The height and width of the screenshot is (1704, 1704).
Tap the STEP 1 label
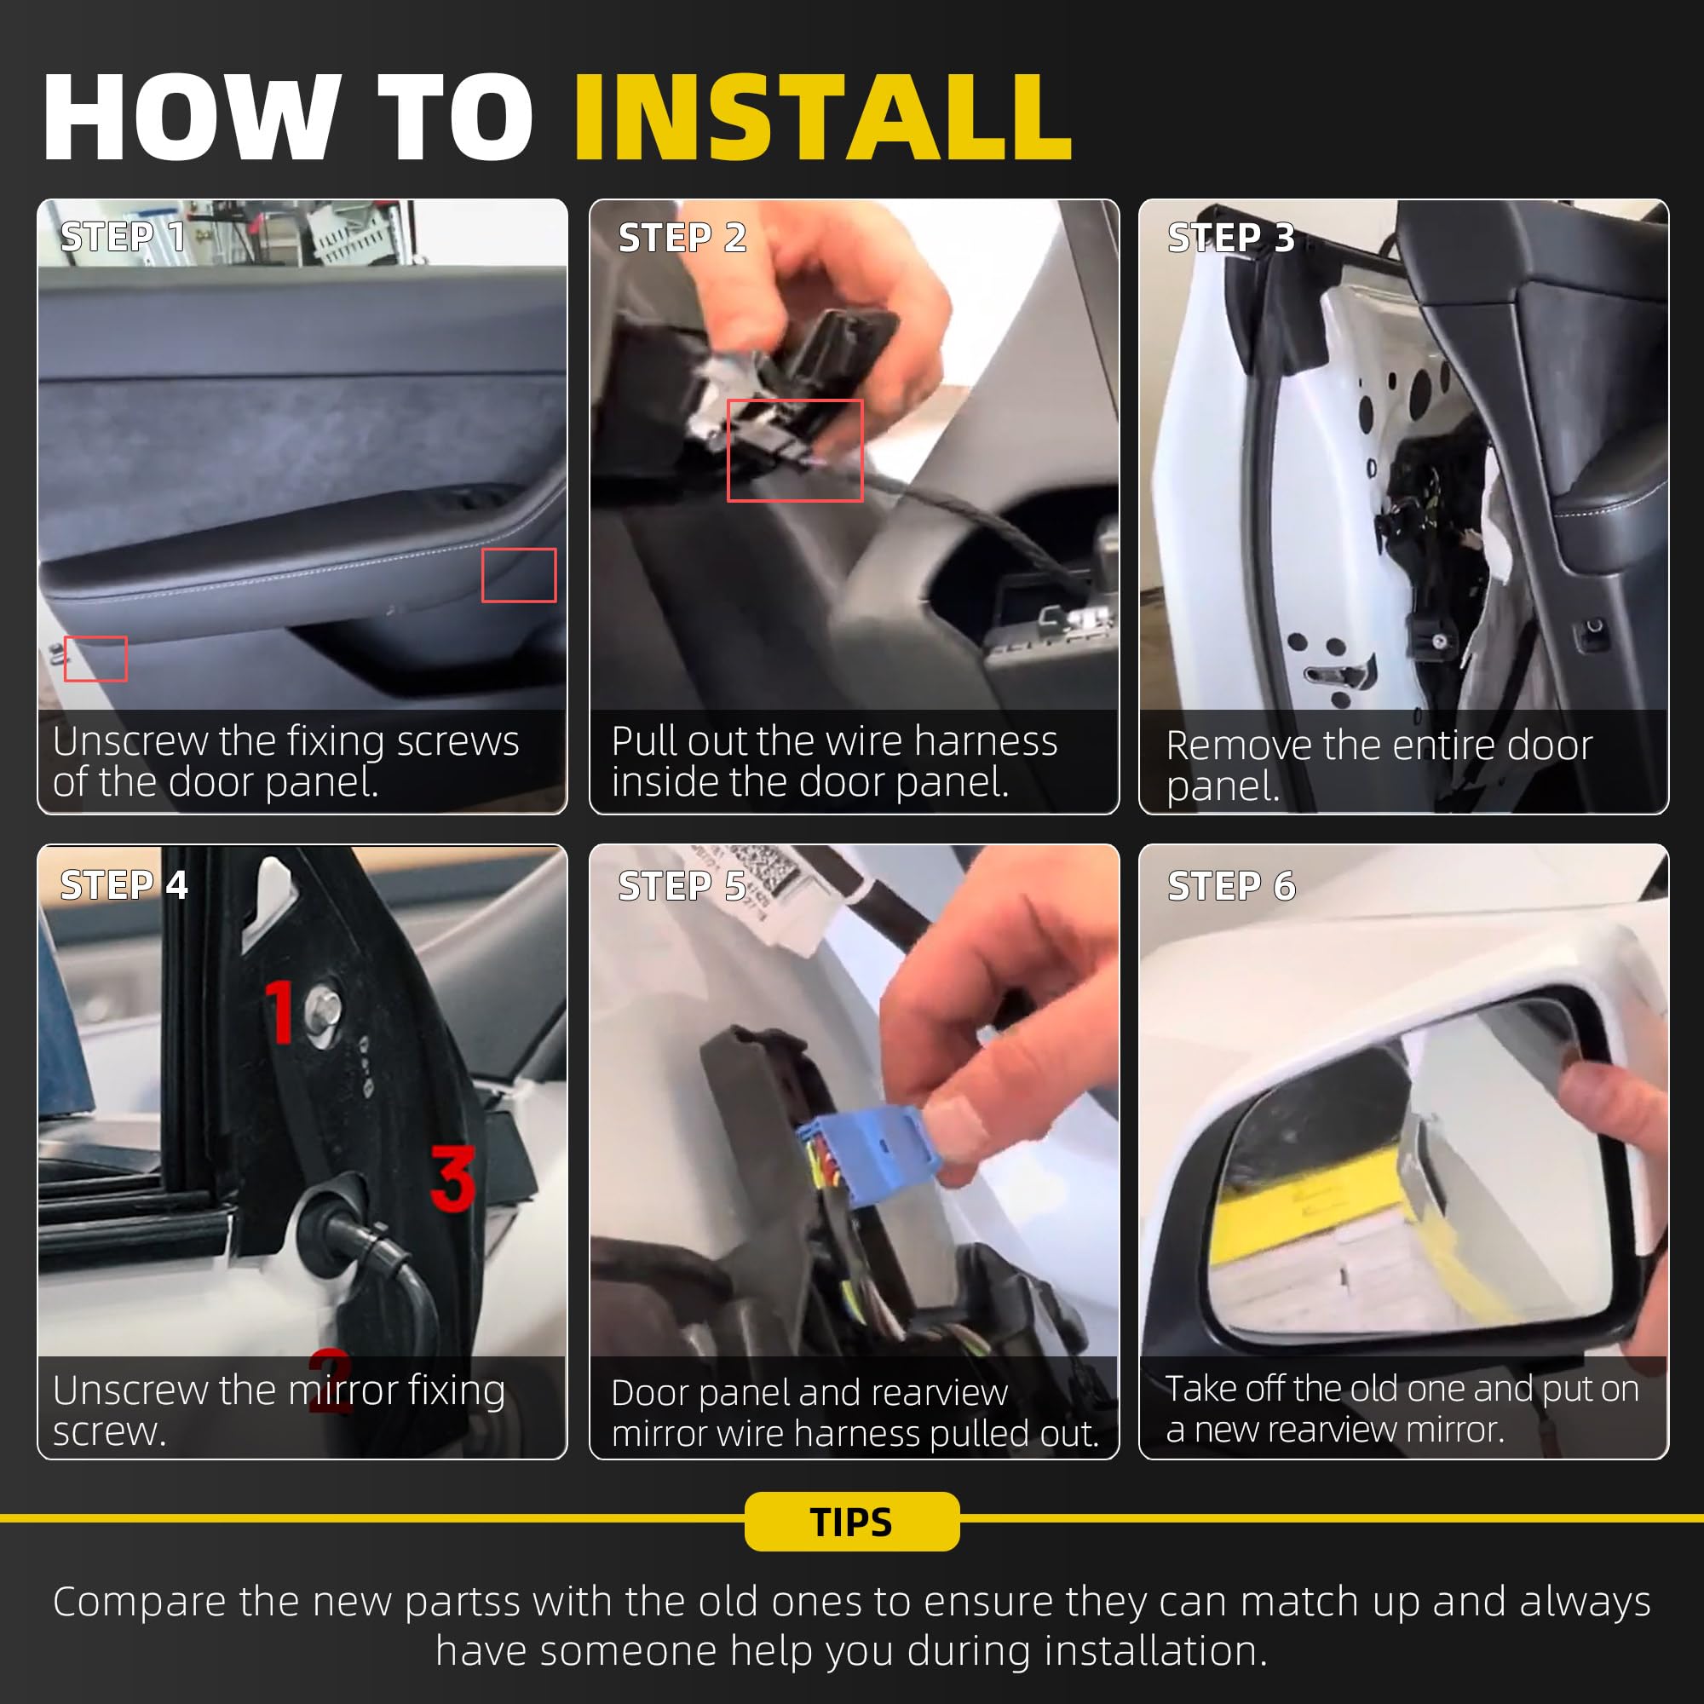(123, 236)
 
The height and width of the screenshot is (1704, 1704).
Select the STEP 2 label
(682, 237)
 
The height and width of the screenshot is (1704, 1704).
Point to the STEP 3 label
(1230, 237)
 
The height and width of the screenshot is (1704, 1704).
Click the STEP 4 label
(124, 884)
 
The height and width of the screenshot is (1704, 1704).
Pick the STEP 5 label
(682, 885)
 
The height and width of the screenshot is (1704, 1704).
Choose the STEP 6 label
(1231, 885)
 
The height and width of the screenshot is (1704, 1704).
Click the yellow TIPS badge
(852, 1522)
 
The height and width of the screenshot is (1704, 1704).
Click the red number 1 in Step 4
(279, 1011)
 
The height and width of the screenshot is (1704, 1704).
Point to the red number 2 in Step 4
(331, 1380)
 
